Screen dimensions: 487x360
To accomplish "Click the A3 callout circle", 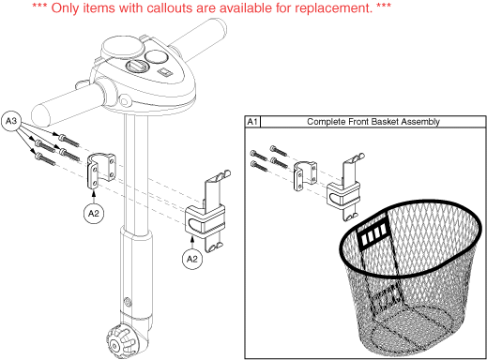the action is [11, 120].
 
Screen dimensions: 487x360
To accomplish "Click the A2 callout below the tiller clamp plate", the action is [94, 214].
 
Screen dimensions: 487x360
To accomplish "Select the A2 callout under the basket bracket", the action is [192, 259].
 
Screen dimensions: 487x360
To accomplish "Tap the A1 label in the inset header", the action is [252, 122].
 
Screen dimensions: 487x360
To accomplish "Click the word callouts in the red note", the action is [166, 7].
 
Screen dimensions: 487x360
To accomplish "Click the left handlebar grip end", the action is [41, 115].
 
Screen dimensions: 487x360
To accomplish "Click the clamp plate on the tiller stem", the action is [100, 171].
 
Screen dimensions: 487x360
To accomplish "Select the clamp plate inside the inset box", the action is [305, 175].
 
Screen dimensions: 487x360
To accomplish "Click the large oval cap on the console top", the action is [123, 47].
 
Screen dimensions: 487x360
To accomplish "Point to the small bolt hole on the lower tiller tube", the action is [128, 302].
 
